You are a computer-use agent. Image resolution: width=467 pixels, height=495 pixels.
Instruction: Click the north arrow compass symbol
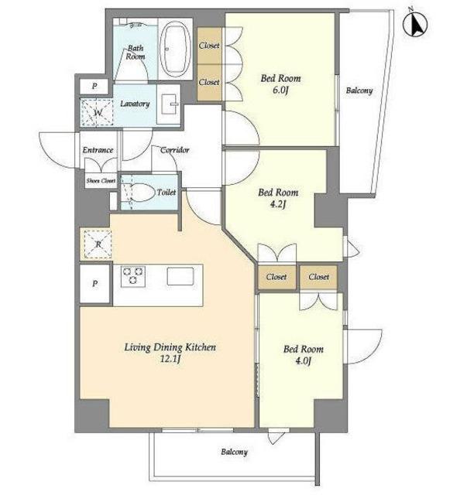tap(415, 24)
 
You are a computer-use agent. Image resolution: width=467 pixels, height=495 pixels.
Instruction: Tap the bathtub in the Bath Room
tap(176, 49)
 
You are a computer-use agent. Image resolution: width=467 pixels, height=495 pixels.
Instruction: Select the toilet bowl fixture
tap(141, 192)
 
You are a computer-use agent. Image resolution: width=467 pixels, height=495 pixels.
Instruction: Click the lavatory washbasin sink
tap(169, 104)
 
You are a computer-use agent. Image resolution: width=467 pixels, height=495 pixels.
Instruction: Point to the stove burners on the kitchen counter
tap(133, 276)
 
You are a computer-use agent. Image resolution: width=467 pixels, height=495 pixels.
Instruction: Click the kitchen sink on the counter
tap(180, 276)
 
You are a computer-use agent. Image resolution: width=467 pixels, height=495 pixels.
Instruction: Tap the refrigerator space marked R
tap(98, 244)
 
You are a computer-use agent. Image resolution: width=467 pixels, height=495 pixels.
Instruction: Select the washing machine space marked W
tap(97, 112)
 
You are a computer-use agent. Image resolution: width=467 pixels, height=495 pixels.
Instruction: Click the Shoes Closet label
tap(101, 181)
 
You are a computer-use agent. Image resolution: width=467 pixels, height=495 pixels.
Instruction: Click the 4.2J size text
tap(278, 204)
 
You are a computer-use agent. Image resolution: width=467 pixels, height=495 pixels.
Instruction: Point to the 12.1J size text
tap(170, 359)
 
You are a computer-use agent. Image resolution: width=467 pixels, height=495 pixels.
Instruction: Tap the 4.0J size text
tap(304, 360)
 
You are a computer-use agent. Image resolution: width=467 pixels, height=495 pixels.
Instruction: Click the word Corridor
tap(175, 149)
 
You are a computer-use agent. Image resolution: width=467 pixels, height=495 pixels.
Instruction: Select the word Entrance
tap(98, 149)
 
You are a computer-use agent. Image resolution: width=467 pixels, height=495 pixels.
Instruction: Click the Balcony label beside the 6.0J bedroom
tap(359, 90)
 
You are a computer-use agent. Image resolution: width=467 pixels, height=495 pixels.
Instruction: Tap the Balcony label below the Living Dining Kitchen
tap(234, 452)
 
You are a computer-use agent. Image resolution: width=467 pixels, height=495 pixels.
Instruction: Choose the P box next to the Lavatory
tap(94, 86)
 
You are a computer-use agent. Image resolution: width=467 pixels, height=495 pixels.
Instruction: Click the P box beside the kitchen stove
tap(94, 284)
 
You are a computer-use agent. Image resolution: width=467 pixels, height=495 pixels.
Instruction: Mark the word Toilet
tap(167, 192)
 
